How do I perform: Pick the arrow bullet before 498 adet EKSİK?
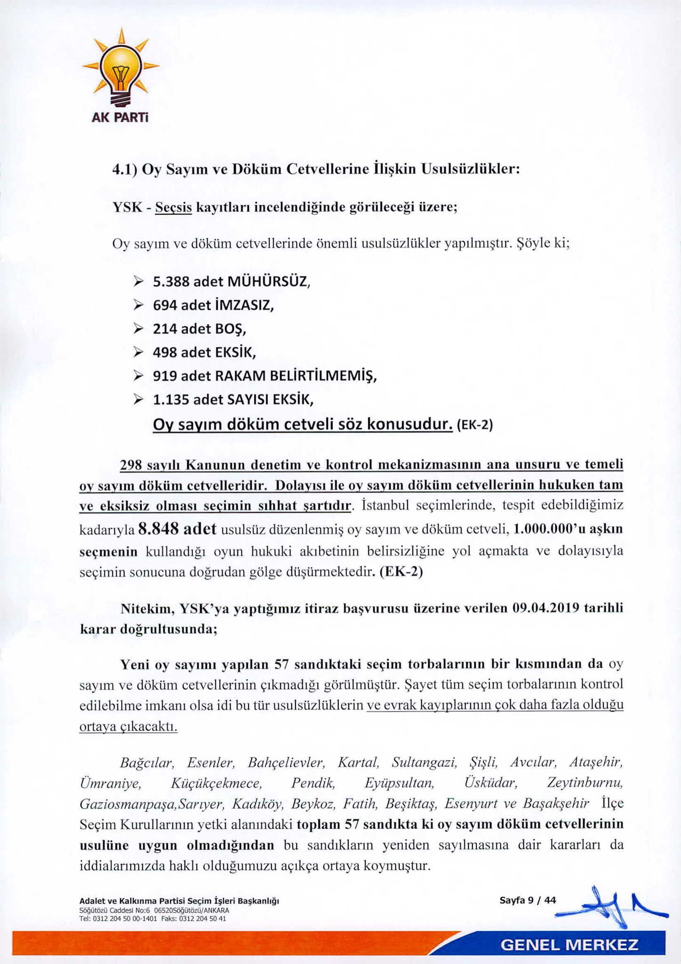[138, 352]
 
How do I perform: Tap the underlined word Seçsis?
[173, 207]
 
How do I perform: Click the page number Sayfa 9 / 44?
[528, 900]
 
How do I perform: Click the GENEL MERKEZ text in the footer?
[569, 945]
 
